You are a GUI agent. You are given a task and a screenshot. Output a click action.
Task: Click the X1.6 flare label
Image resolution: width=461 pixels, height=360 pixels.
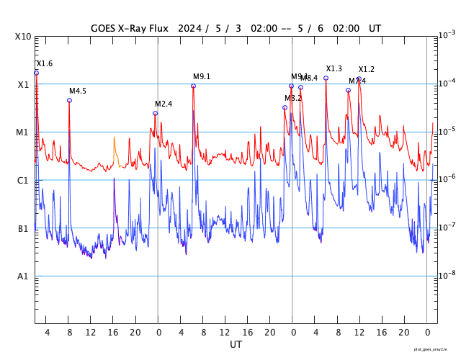45,64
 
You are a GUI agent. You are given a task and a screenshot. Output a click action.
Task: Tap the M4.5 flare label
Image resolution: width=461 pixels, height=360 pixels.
78,91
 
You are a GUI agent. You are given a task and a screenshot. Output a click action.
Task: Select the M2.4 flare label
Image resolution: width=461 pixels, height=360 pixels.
164,104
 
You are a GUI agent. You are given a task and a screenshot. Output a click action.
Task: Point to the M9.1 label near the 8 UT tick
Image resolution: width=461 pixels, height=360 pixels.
202,77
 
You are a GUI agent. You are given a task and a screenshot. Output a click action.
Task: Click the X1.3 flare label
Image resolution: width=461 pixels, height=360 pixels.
334,69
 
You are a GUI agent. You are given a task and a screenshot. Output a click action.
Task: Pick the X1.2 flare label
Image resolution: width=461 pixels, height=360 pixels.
367,70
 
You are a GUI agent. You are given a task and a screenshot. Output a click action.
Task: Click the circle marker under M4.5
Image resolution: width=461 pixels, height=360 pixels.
69,100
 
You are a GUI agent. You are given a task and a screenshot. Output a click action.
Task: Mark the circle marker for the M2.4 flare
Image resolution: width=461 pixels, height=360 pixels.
155,113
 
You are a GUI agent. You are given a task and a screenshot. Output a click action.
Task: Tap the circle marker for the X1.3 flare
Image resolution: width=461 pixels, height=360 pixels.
326,78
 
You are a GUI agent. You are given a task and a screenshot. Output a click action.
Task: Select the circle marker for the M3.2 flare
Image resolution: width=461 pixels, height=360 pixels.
285,107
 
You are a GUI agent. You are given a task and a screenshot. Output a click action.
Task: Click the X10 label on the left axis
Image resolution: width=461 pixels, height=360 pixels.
23,37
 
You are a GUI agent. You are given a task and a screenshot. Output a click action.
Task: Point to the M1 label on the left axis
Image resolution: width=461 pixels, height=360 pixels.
22,132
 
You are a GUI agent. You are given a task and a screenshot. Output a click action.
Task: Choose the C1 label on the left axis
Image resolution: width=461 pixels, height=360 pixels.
23,181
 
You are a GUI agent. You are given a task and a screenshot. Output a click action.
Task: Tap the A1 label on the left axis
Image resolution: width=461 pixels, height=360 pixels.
23,276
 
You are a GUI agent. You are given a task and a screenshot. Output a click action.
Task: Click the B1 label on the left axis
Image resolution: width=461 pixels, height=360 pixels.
23,229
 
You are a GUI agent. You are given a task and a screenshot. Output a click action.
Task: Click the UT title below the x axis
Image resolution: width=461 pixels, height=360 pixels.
236,345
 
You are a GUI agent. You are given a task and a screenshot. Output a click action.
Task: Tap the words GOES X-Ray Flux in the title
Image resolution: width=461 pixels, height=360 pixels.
130,29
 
